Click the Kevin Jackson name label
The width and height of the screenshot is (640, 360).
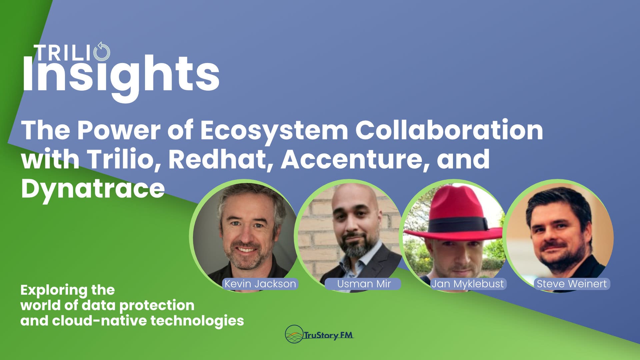click(x=260, y=284)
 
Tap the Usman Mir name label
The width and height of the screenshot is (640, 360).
click(x=364, y=284)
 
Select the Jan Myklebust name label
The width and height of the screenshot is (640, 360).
click(x=468, y=284)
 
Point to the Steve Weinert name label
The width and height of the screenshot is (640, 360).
click(x=572, y=284)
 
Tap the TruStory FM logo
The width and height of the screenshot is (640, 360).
click(x=319, y=334)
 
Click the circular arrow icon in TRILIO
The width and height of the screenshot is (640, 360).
click(x=102, y=52)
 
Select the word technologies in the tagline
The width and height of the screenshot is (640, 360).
click(x=197, y=321)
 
